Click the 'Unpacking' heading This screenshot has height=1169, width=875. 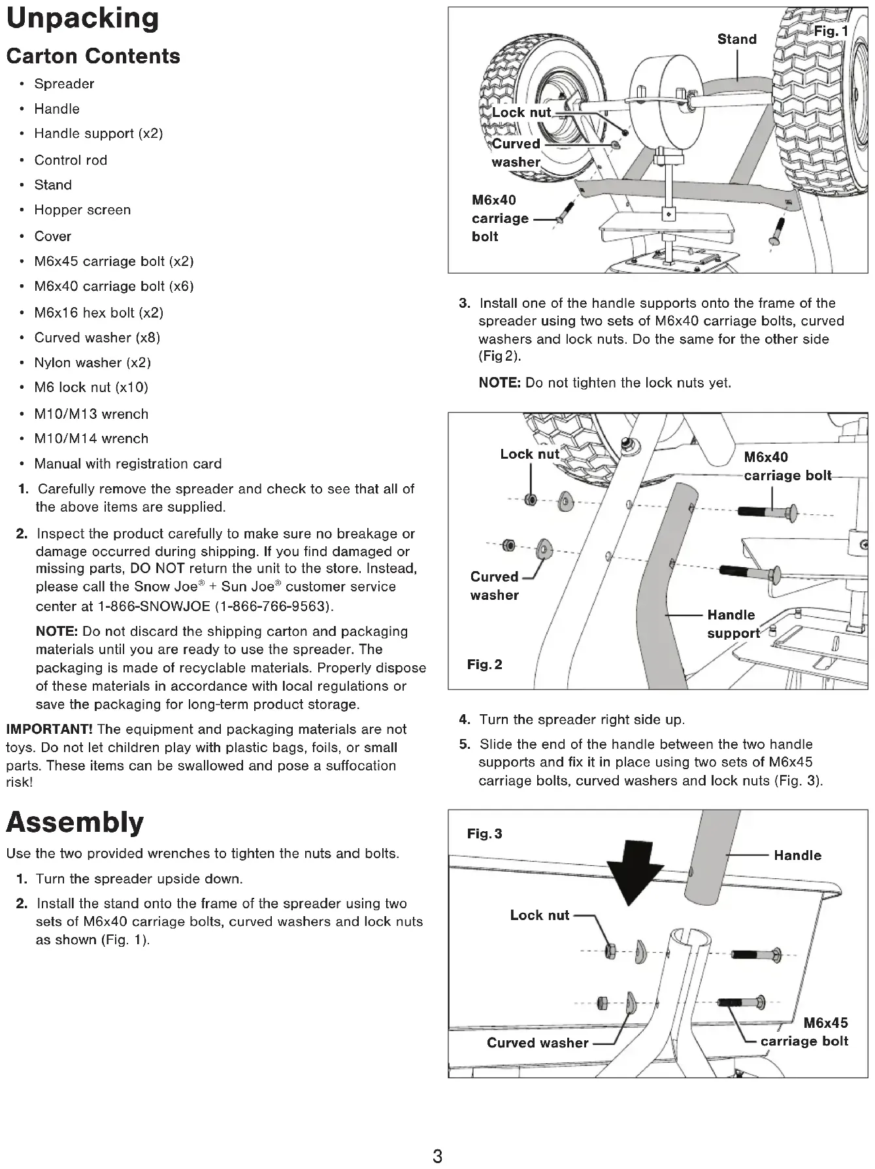click(82, 19)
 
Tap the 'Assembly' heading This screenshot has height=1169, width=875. click(74, 822)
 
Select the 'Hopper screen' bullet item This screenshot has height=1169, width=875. click(82, 210)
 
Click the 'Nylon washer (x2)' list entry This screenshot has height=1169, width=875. click(92, 363)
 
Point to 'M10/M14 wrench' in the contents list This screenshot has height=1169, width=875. click(91, 438)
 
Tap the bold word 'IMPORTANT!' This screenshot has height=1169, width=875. click(49, 729)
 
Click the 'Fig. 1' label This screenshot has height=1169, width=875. click(830, 31)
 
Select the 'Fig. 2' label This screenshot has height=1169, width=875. click(484, 665)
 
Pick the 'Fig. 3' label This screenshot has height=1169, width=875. click(484, 834)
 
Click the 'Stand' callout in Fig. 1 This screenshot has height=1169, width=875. click(736, 39)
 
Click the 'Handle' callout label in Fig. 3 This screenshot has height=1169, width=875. click(797, 855)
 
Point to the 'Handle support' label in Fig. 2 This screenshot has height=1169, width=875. click(733, 624)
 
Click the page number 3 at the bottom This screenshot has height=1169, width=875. click(437, 1157)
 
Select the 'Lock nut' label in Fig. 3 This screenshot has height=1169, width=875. click(539, 915)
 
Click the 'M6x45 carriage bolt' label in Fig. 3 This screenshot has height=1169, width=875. click(804, 1032)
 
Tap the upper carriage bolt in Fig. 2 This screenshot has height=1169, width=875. click(768, 510)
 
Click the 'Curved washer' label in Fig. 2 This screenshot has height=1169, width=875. click(494, 586)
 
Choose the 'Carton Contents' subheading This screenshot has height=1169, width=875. click(93, 56)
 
